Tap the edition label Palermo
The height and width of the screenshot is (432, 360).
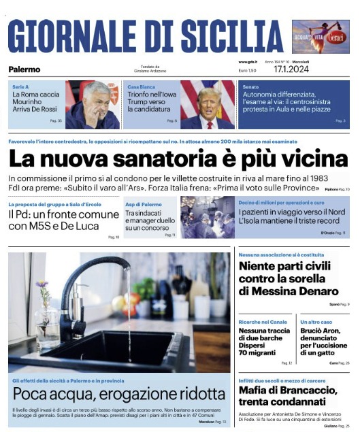click(x=24, y=69)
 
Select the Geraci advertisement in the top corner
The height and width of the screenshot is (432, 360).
click(x=320, y=36)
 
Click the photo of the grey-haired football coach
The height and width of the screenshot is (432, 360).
click(x=93, y=105)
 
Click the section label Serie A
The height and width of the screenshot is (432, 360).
click(x=20, y=87)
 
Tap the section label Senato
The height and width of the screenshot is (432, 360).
click(x=250, y=87)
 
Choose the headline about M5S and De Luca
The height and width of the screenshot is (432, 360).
click(x=63, y=220)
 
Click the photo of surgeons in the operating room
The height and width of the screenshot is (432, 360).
click(x=207, y=217)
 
